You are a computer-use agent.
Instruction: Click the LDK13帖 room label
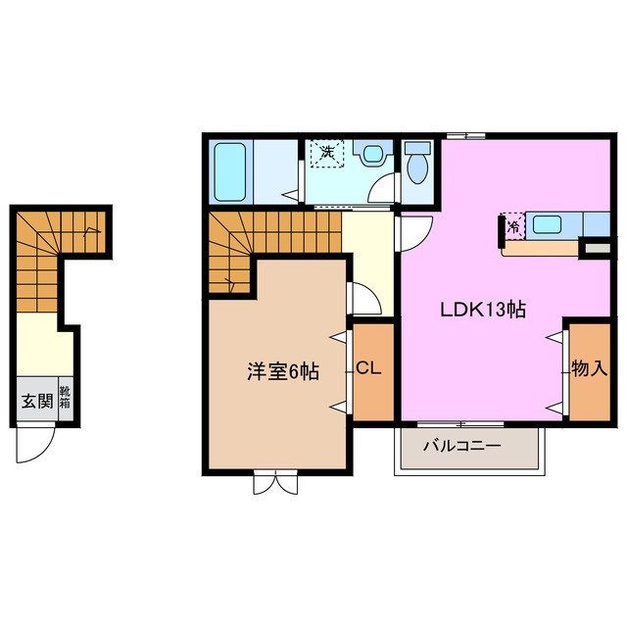click(482, 310)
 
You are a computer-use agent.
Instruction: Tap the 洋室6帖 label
click(281, 371)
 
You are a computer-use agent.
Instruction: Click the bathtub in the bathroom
click(231, 170)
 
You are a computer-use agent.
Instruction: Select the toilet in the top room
click(416, 164)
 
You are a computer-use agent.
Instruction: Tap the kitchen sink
click(547, 224)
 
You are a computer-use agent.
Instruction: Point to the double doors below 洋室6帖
click(275, 481)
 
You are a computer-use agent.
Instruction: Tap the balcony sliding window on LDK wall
click(459, 423)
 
